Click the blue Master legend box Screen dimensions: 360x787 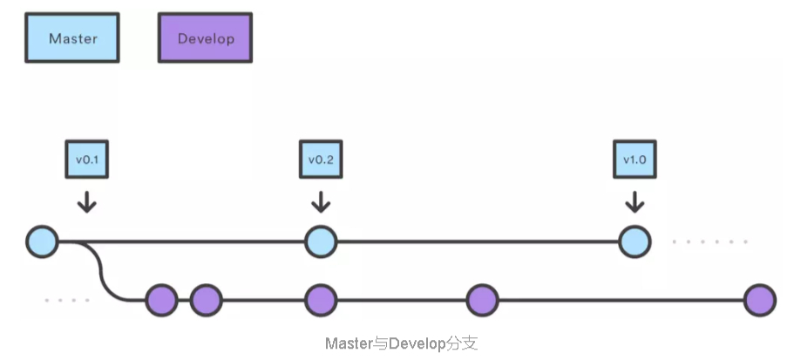73,38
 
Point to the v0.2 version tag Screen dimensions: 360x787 321,160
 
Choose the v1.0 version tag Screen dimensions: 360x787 634,160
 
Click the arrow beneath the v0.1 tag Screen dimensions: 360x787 87,202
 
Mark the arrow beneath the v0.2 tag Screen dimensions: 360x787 321,202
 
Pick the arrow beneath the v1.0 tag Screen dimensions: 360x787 634,202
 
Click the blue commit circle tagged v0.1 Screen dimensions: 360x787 42,241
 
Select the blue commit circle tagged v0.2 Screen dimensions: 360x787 321,241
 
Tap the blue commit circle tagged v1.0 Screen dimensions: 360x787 634,241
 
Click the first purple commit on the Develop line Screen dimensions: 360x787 161,301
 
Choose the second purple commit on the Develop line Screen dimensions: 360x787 207,301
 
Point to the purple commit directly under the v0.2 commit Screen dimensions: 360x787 321,301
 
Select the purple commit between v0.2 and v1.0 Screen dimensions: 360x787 482,301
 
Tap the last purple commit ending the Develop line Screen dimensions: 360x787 760,301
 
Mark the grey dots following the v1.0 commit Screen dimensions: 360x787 710,241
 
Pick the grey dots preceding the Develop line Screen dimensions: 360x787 67,301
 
